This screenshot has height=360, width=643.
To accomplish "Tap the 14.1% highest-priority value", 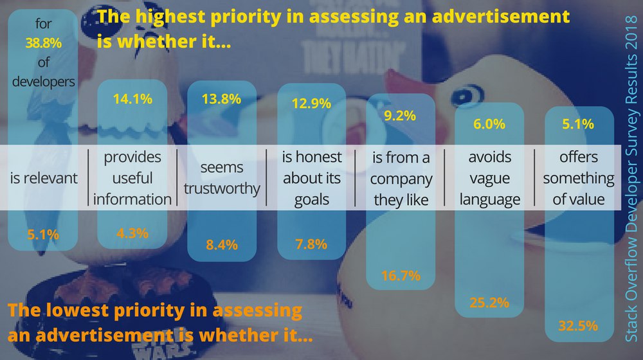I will (133, 99).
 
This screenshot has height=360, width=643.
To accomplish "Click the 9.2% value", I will (400, 117).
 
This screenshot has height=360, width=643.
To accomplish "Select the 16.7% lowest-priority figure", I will (401, 275).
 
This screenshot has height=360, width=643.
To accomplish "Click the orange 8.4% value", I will (222, 244).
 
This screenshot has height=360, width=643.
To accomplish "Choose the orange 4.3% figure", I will (132, 235).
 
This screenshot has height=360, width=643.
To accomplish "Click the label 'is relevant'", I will (44, 178).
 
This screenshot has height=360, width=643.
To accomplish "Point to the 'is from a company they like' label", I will (401, 178).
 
